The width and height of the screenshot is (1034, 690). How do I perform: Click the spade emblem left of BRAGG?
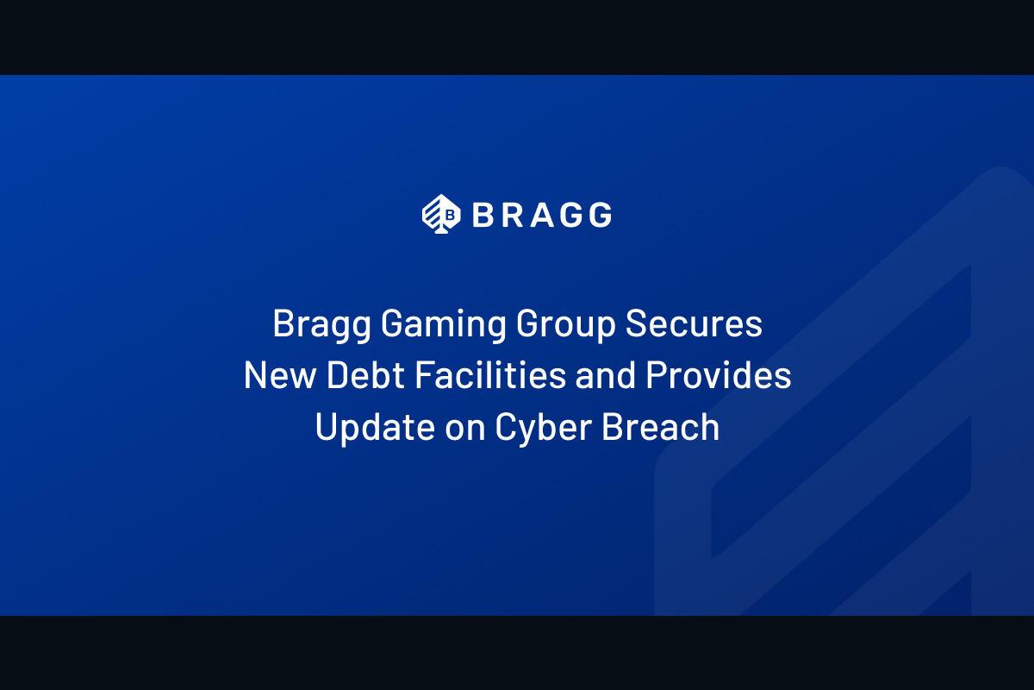pos(441,214)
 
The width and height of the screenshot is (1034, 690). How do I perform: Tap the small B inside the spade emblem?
pos(450,215)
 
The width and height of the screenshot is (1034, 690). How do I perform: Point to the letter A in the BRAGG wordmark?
pos(542,215)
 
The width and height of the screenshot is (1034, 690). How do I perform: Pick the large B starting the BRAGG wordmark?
pos(483,215)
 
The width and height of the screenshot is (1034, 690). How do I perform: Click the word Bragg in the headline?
pos(321,325)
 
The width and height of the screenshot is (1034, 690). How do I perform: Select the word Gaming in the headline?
pos(444,325)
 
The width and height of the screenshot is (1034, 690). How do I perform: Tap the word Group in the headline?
pos(566,325)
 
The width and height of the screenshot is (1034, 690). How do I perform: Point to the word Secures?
pos(694,323)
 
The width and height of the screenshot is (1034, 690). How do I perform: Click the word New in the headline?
pos(280,375)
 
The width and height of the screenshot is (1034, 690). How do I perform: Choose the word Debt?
pos(365,375)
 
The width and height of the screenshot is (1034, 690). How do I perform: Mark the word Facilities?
pos(490,374)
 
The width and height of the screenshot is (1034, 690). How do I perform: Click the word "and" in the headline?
pos(606,375)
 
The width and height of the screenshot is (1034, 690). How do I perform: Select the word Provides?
pos(719,375)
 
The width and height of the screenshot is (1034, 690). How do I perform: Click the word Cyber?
pos(544,429)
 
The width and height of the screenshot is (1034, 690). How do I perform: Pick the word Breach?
pos(661,427)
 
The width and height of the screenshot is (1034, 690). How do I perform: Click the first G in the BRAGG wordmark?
pos(571,215)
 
